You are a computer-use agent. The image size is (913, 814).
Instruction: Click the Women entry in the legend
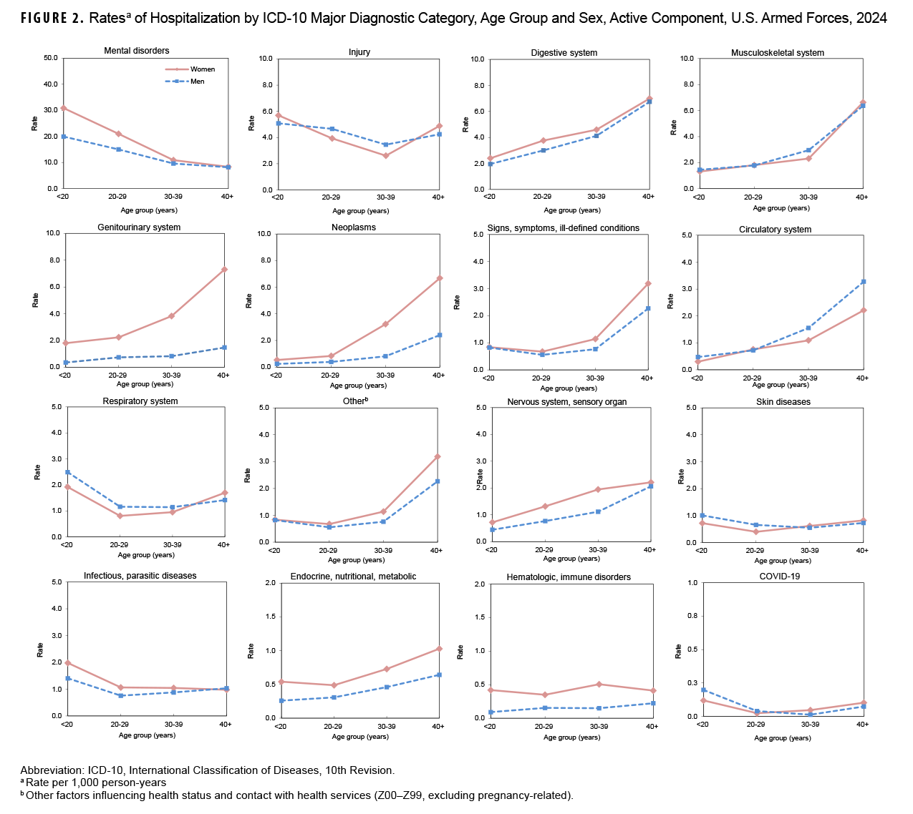click(x=202, y=69)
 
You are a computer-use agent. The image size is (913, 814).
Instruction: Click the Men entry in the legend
click(x=197, y=82)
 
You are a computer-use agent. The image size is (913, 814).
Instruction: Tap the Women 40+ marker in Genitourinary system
click(x=224, y=269)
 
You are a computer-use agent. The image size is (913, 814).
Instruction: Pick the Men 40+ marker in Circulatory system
click(x=864, y=281)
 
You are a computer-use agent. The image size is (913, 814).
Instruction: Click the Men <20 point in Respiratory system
click(x=67, y=472)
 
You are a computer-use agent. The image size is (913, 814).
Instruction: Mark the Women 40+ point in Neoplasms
click(x=439, y=278)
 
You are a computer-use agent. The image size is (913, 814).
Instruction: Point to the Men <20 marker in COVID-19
click(x=703, y=690)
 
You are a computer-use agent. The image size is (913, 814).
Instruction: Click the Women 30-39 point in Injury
click(x=385, y=155)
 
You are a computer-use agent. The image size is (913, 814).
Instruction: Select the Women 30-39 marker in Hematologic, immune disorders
click(x=598, y=684)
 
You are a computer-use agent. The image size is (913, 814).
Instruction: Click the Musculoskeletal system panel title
click(x=778, y=53)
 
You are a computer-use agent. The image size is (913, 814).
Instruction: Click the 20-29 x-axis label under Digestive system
click(x=542, y=197)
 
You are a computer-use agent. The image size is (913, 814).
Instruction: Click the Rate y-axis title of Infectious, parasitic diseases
click(x=40, y=649)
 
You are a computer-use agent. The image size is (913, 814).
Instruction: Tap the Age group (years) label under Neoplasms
click(x=359, y=385)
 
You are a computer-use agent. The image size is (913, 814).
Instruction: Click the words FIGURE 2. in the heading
click(x=52, y=19)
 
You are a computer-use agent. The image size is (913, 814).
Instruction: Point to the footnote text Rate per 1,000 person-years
click(x=96, y=783)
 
